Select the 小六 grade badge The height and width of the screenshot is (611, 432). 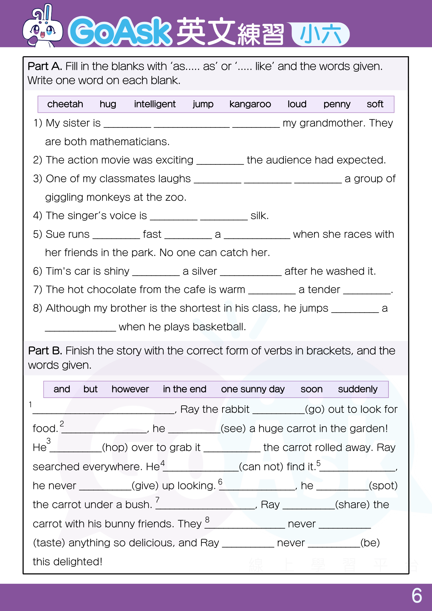(x=320, y=34)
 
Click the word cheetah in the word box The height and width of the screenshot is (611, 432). (x=65, y=104)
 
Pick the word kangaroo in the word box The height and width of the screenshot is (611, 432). (x=250, y=104)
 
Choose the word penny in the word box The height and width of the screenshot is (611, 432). (x=337, y=104)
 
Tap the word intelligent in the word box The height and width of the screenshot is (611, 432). (x=155, y=104)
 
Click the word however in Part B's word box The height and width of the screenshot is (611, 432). (x=130, y=389)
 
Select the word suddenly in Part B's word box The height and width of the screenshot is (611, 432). (x=357, y=389)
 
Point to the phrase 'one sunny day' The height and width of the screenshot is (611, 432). (x=253, y=389)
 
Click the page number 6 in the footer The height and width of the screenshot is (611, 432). (x=417, y=596)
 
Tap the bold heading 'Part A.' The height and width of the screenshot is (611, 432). (x=45, y=66)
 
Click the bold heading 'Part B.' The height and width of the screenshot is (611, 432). (x=45, y=351)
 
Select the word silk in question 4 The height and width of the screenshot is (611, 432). (x=259, y=216)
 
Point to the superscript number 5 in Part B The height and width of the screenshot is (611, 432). (x=318, y=463)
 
